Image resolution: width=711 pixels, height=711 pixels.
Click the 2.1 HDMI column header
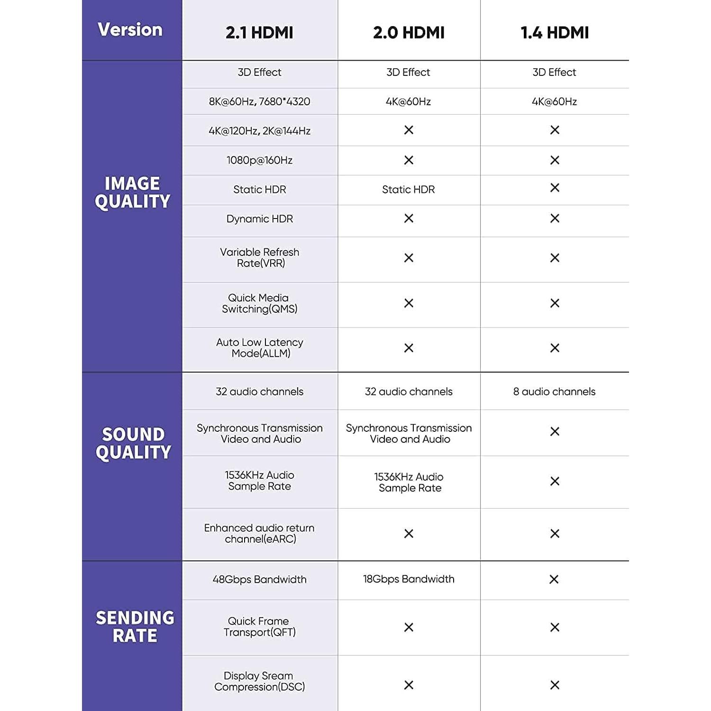(x=259, y=33)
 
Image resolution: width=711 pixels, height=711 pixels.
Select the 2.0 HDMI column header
(x=409, y=33)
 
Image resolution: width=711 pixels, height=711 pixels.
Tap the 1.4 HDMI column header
(x=555, y=33)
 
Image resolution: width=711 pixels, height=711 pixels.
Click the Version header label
(x=130, y=30)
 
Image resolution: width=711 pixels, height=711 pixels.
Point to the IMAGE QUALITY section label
(x=132, y=192)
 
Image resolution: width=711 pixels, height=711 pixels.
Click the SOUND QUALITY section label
(x=133, y=443)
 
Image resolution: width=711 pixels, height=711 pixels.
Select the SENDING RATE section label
(x=135, y=626)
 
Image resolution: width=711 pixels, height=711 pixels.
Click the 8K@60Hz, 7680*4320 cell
(x=259, y=101)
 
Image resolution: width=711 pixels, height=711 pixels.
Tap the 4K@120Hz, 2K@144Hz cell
(x=259, y=131)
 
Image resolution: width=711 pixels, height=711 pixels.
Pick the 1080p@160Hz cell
(x=259, y=160)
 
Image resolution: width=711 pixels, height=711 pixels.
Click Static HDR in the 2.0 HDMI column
(x=408, y=190)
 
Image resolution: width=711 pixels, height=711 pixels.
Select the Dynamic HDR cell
(x=259, y=219)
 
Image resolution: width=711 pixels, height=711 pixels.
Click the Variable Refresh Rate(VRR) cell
(x=260, y=257)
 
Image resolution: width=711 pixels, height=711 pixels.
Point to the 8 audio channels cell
(x=554, y=392)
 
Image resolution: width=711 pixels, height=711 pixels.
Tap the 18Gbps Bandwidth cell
(x=409, y=579)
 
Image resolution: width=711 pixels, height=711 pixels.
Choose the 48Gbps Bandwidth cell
(x=259, y=579)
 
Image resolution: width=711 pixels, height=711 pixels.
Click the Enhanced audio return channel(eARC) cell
(x=259, y=533)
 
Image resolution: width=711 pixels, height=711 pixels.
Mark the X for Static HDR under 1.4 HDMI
(x=555, y=188)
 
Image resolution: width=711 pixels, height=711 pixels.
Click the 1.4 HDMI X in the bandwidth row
(x=554, y=579)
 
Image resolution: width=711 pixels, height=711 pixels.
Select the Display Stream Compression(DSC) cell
(x=259, y=681)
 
